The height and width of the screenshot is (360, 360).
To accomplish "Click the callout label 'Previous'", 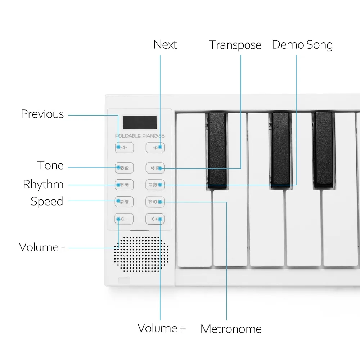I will (42, 114).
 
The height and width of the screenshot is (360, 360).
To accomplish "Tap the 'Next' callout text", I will (165, 45).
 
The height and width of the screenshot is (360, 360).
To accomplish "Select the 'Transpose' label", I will (235, 45).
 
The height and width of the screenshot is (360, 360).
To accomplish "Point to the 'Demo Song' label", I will (302, 45).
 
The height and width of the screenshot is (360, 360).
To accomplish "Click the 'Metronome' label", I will (231, 329).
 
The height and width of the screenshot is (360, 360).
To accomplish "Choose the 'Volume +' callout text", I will (162, 328).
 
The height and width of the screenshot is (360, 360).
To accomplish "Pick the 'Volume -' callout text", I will (42, 247).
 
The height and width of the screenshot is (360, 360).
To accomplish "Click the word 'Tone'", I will (50, 166).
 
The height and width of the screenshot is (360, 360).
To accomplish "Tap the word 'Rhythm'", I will (43, 184).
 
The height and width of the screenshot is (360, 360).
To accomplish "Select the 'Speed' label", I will (47, 201).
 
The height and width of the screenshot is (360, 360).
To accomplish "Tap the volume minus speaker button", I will (124, 219).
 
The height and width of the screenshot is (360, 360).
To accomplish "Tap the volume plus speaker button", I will (155, 219).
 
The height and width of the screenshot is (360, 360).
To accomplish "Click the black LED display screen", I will (140, 122).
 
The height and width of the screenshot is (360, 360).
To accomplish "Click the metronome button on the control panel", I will (155, 202).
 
